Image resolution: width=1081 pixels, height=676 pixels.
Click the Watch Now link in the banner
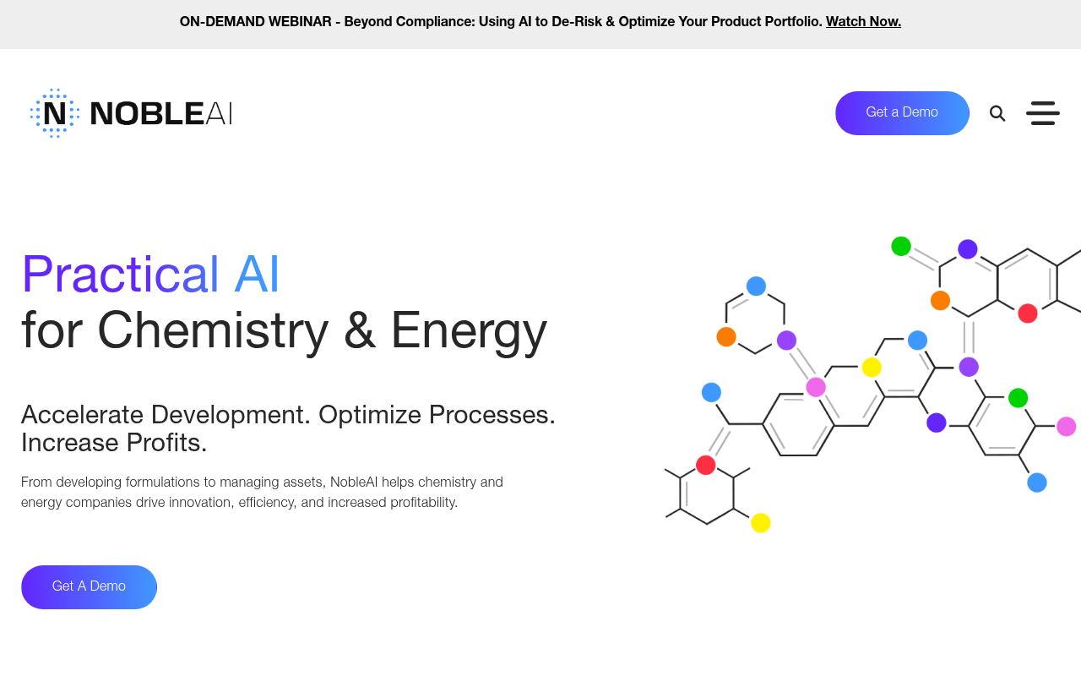click(863, 22)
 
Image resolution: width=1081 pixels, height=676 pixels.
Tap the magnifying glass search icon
click(997, 113)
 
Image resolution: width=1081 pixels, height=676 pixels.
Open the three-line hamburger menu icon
click(1043, 113)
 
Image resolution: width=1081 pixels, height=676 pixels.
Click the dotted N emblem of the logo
click(55, 113)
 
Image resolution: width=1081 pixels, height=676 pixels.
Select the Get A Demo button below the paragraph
click(89, 586)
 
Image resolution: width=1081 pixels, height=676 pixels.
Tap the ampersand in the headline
click(359, 330)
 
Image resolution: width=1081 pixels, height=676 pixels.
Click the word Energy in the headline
click(468, 330)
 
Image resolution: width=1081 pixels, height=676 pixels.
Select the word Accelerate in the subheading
click(82, 415)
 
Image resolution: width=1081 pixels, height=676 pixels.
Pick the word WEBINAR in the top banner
click(300, 22)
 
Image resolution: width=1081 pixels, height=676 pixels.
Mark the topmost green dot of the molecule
click(901, 246)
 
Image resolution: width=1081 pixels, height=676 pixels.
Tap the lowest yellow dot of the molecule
click(761, 523)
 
